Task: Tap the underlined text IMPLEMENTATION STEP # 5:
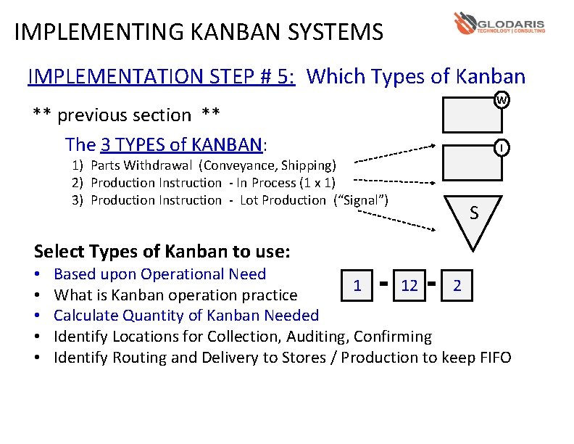(161, 76)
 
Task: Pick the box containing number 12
(409, 285)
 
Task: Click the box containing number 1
(357, 285)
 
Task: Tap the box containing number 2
(457, 285)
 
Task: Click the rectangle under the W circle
(472, 114)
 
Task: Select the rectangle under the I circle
(472, 163)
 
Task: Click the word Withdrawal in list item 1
(169, 165)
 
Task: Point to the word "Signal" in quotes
(360, 200)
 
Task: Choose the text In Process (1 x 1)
(286, 183)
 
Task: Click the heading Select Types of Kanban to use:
(162, 252)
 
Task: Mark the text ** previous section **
(127, 115)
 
